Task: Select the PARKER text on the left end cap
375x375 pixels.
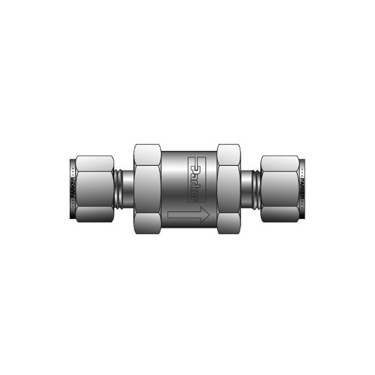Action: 73,187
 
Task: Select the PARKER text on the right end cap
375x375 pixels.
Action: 302,187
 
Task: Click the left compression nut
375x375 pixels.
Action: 94,187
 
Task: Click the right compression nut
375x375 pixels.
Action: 281,187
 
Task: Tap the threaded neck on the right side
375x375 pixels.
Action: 250,187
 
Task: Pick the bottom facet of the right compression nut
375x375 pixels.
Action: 281,213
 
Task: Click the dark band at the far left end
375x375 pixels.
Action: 71,187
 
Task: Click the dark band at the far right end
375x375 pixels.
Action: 304,187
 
